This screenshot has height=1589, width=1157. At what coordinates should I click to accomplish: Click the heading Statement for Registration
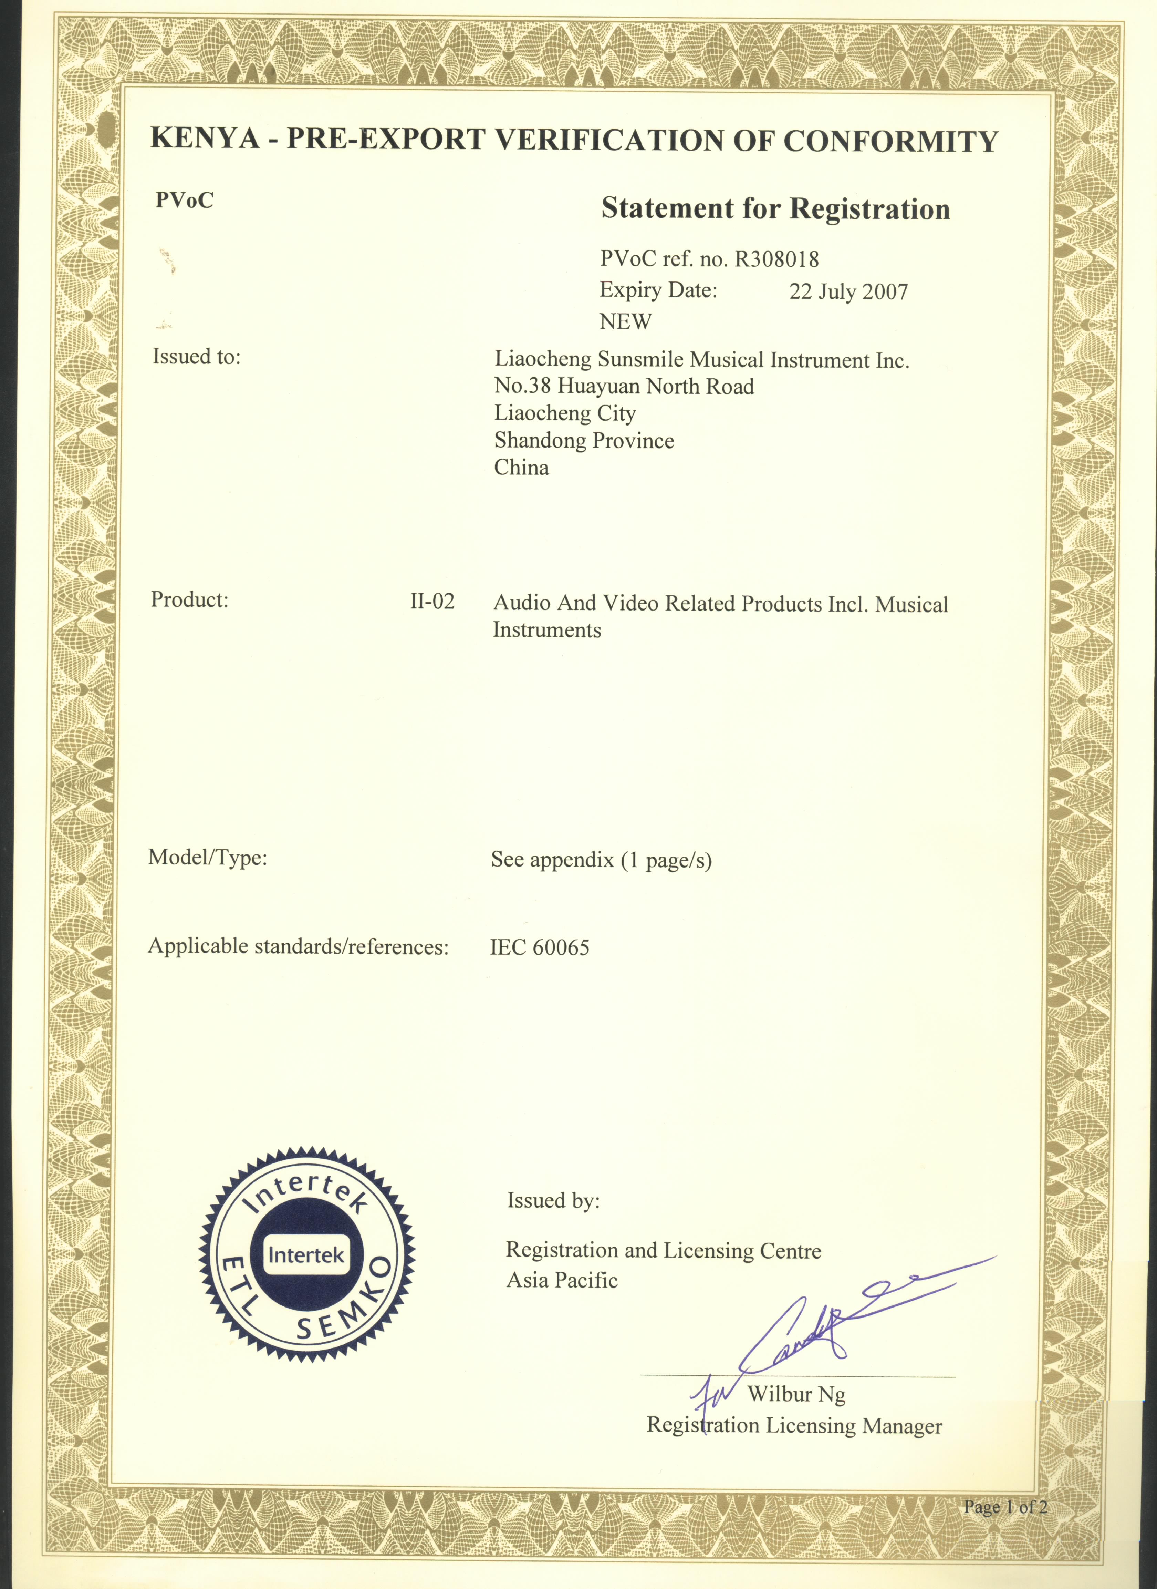(775, 209)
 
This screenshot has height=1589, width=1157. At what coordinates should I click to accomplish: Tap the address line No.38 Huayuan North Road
(624, 387)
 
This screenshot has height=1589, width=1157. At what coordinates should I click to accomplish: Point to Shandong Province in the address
(584, 441)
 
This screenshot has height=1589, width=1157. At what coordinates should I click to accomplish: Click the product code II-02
(432, 601)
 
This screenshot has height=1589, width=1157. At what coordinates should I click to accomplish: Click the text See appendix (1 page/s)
(601, 860)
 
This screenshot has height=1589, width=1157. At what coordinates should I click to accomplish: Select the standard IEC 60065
(539, 948)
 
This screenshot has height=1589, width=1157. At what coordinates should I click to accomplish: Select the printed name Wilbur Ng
(796, 1394)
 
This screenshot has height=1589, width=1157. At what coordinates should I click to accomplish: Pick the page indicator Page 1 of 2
(1005, 1506)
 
